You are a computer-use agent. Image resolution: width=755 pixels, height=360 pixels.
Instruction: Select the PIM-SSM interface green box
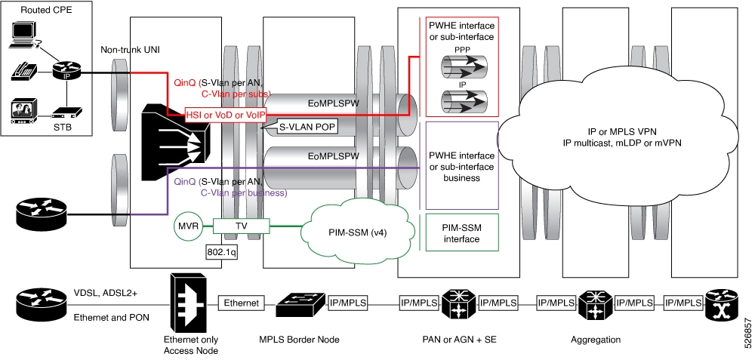point(461,232)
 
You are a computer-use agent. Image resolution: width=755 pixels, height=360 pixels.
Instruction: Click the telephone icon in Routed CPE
point(21,72)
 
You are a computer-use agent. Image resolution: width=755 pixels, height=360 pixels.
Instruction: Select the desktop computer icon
point(25,34)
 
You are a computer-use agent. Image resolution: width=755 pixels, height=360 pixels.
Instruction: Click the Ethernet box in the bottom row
point(240,303)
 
